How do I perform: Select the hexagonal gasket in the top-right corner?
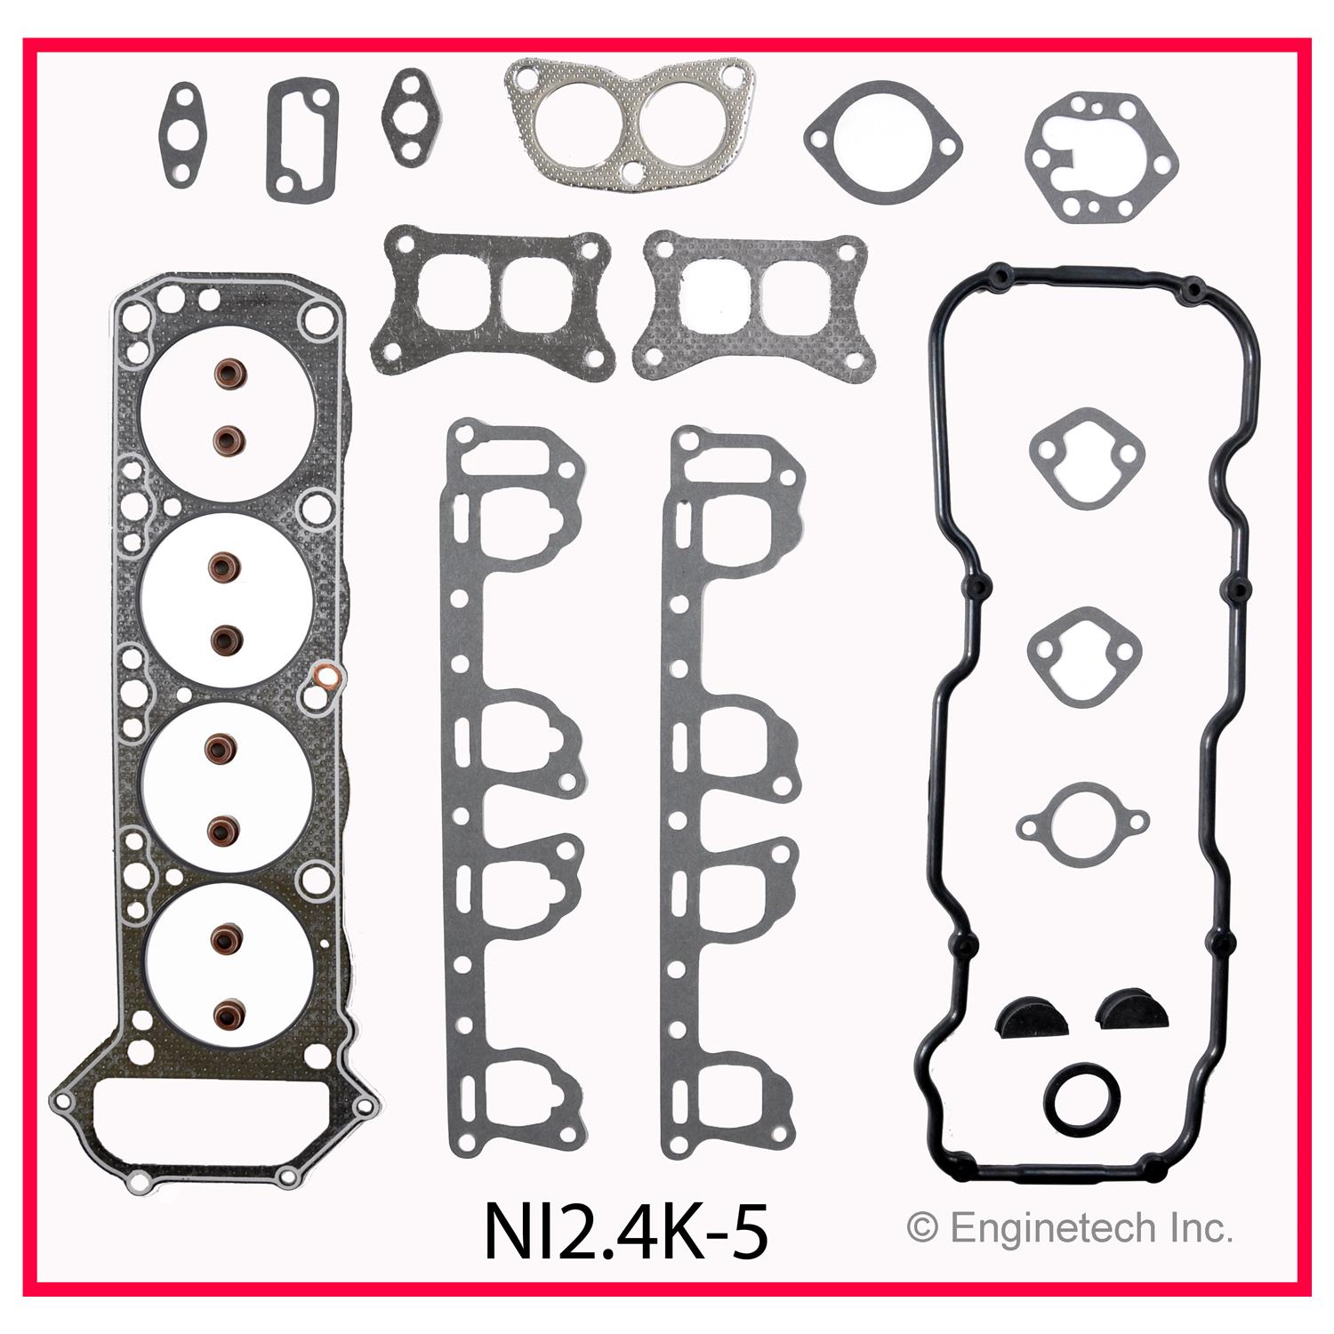click(1102, 157)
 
